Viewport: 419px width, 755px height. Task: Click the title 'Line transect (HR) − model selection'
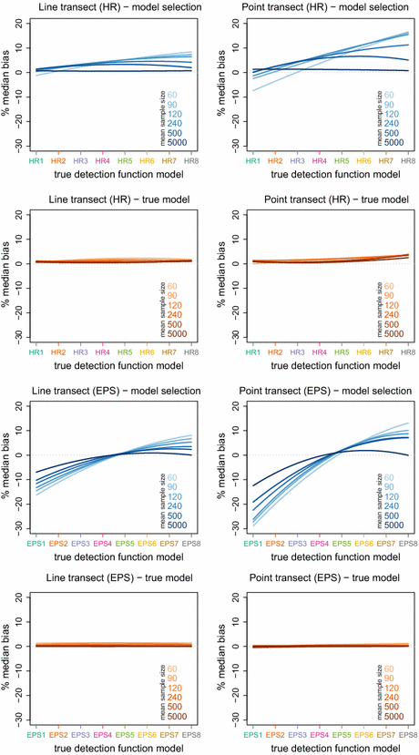[x=111, y=7]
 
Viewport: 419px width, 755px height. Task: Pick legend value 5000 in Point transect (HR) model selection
[x=394, y=142]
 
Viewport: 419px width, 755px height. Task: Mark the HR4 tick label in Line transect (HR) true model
[x=102, y=352]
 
